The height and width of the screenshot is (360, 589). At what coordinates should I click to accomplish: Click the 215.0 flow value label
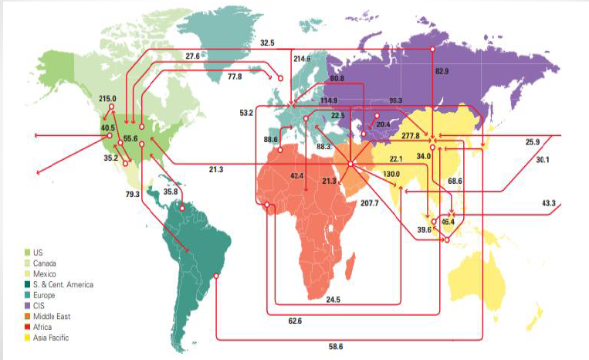point(107,99)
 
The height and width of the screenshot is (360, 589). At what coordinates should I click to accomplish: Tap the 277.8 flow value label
point(411,136)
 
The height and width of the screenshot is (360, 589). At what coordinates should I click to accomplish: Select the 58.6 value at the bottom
point(335,347)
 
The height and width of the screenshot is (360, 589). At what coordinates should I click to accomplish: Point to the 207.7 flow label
point(369,203)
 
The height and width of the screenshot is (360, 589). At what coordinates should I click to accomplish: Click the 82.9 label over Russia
point(442,72)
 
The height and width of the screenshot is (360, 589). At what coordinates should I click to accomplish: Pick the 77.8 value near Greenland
point(235,77)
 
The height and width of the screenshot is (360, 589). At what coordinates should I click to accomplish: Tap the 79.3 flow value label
point(132,194)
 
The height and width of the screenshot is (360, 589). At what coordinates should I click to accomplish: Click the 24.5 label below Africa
point(333,300)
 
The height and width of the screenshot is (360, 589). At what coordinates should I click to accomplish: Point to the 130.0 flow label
point(391,174)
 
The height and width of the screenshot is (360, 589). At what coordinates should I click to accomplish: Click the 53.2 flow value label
point(246,113)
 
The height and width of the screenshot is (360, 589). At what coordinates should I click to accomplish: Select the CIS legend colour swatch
point(28,306)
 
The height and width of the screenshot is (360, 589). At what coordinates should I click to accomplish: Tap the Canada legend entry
point(46,263)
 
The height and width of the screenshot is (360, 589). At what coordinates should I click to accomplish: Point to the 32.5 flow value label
point(267,42)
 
